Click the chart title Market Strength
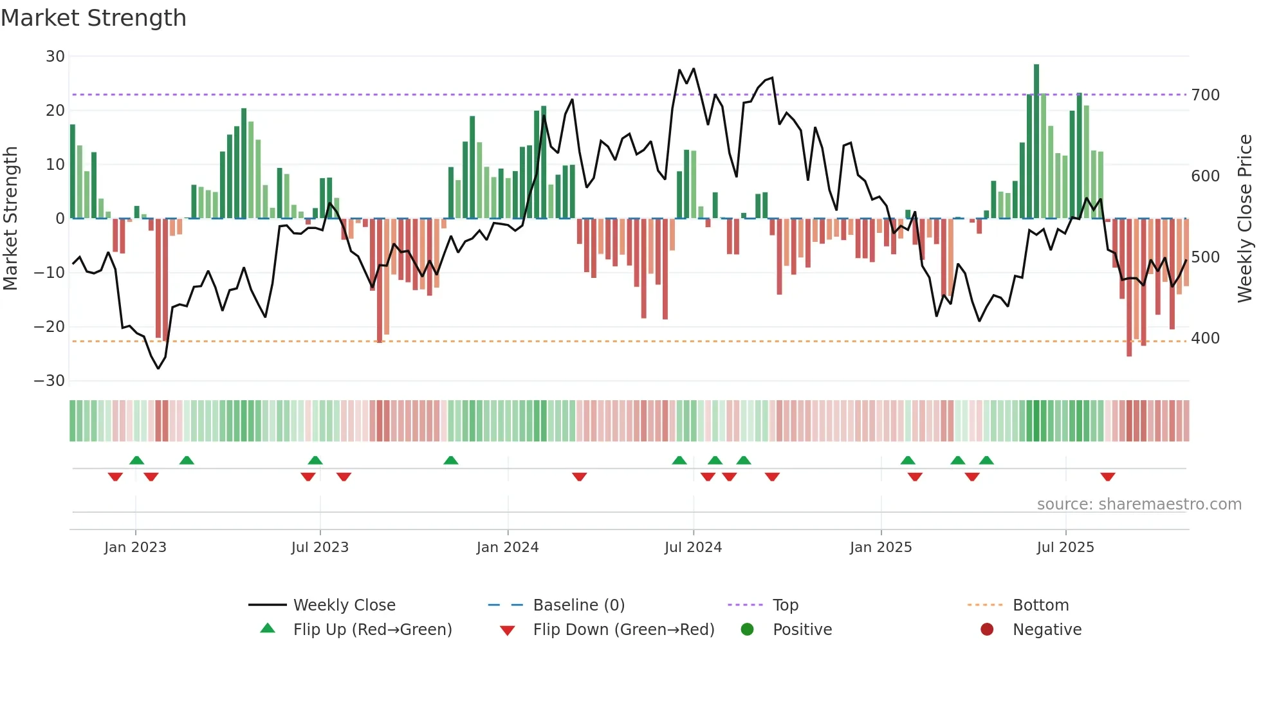93,18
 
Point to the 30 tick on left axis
55,57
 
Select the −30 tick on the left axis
50,381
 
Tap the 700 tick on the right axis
1205,95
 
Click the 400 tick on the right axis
1205,338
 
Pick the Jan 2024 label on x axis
507,548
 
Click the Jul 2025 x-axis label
1065,548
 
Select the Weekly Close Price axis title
1245,219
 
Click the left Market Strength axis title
11,219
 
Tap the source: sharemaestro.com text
1139,504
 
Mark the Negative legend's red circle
987,630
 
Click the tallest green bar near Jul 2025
1036,142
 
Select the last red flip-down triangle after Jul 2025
1107,477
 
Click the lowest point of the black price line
158,368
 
